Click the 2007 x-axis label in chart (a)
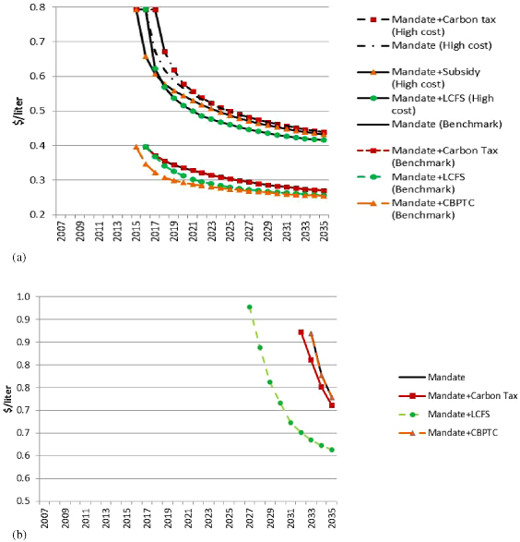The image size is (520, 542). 61,234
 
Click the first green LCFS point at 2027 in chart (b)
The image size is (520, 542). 249,307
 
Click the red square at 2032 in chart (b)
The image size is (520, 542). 301,332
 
